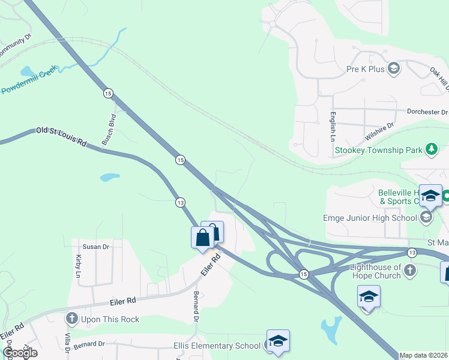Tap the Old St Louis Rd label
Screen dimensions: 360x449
[x=61, y=137]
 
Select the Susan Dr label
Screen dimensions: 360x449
[x=95, y=247]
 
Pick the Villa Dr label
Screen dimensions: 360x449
[x=66, y=342]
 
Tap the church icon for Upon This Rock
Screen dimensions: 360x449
[x=72, y=319]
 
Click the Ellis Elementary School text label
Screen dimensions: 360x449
[x=217, y=346]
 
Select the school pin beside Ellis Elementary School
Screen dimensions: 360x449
[x=278, y=341]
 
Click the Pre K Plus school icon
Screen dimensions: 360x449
[x=394, y=68]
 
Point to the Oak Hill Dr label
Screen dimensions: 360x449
[x=439, y=79]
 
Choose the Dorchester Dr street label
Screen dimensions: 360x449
[x=427, y=112]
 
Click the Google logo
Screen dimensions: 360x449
[x=20, y=353]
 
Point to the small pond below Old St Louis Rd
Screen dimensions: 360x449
[x=109, y=178]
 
